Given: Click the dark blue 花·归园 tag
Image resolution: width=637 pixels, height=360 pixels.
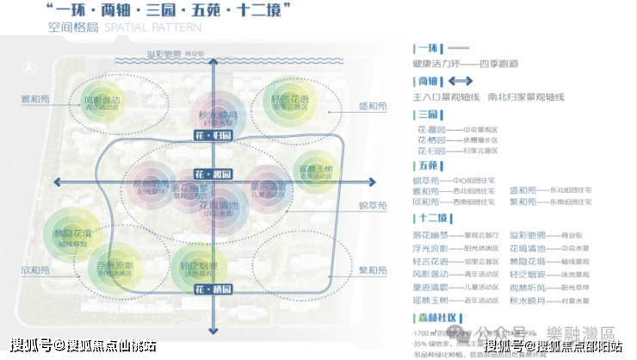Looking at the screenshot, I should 213,136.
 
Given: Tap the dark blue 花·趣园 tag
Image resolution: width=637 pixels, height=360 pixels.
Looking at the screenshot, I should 213,174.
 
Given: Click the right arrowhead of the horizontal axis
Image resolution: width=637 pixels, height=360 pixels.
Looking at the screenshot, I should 372,181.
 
